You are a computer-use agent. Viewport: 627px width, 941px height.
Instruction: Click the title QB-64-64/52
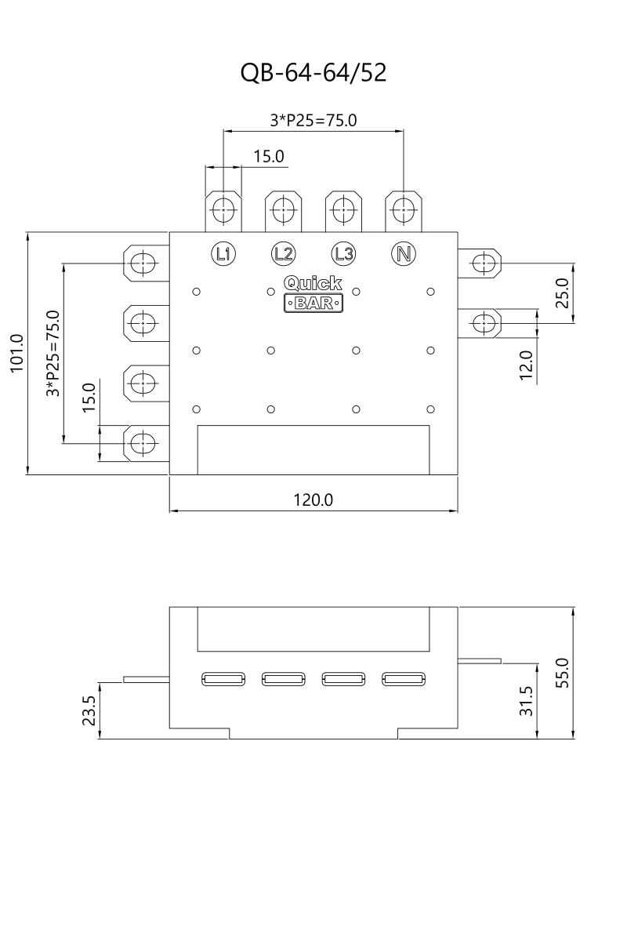(313, 72)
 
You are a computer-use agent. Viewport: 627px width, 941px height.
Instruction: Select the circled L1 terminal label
(223, 254)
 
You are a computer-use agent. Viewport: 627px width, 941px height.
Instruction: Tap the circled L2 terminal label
(284, 254)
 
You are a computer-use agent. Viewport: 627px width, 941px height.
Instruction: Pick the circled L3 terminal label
(343, 254)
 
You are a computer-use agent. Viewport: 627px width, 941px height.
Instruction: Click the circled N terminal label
(404, 254)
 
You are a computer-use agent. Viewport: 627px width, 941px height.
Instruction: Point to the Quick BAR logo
(313, 293)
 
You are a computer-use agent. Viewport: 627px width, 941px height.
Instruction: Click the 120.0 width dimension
(313, 500)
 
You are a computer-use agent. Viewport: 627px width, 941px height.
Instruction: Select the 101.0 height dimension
(16, 354)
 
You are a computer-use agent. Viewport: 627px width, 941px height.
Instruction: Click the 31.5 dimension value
(526, 701)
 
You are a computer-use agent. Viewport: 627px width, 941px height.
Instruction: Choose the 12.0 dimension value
(526, 365)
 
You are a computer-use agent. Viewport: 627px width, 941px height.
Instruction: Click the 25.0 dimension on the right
(562, 293)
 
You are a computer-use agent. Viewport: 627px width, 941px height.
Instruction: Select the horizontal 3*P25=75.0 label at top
(313, 121)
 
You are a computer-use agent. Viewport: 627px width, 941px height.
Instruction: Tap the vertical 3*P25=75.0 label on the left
(53, 354)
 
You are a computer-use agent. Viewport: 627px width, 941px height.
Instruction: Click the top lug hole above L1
(223, 209)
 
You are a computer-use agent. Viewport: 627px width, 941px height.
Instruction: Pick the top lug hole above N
(404, 209)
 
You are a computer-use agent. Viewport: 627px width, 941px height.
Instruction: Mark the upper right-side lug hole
(484, 263)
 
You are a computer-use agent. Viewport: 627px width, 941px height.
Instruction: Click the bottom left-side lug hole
(143, 443)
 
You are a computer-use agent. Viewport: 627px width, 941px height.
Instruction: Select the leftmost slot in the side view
(223, 679)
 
